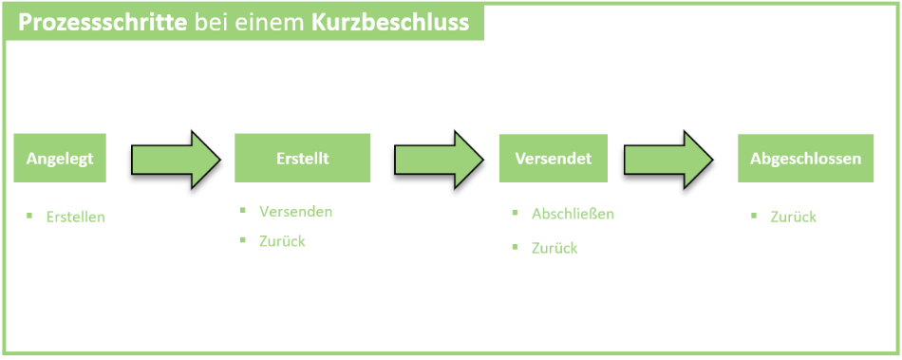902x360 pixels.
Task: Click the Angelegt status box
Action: pyautogui.click(x=60, y=159)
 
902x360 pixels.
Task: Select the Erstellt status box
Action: pyautogui.click(x=302, y=159)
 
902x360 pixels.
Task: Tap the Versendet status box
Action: pyautogui.click(x=553, y=159)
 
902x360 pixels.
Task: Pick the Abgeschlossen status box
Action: pyautogui.click(x=805, y=159)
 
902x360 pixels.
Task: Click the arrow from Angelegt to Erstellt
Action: pyautogui.click(x=175, y=159)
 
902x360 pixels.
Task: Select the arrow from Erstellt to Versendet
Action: pyautogui.click(x=438, y=159)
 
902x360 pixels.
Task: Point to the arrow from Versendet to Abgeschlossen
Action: pyautogui.click(x=668, y=159)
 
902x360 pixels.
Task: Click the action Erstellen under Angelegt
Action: pyautogui.click(x=75, y=217)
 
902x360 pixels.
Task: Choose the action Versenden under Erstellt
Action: pyautogui.click(x=295, y=211)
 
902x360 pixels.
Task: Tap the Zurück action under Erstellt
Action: pyautogui.click(x=282, y=241)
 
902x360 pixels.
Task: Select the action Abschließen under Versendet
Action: pyautogui.click(x=573, y=214)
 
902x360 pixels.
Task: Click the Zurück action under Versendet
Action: pyautogui.click(x=554, y=248)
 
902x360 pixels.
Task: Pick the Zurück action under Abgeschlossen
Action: pyautogui.click(x=793, y=217)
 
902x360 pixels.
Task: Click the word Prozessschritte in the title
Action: pyautogui.click(x=103, y=22)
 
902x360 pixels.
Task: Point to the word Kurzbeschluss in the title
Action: pyautogui.click(x=389, y=22)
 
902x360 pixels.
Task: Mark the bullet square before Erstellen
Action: pyautogui.click(x=29, y=216)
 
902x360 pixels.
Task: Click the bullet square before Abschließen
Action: pyautogui.click(x=515, y=213)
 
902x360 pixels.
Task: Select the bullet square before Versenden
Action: pyautogui.click(x=242, y=210)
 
